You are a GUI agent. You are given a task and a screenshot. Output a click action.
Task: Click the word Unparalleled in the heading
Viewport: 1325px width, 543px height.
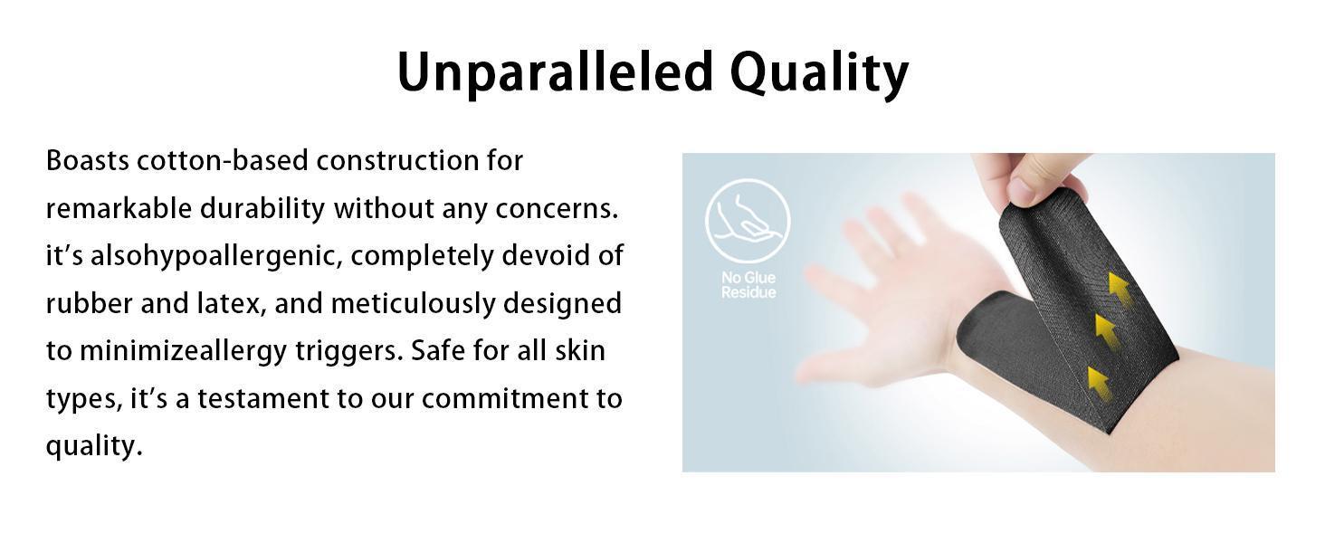[x=555, y=71]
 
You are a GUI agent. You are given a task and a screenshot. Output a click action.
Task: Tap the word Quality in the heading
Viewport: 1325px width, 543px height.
[x=819, y=74]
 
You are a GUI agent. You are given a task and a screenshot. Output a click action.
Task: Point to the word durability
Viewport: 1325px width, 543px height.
[x=262, y=208]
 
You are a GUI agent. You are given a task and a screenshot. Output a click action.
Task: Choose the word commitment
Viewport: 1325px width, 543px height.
[x=505, y=399]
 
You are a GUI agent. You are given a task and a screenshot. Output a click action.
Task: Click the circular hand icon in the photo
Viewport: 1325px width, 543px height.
[x=748, y=221]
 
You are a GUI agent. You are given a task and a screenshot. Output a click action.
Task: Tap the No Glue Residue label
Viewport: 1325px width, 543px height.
[x=748, y=284]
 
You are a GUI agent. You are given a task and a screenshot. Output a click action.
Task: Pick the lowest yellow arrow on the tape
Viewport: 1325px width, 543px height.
[x=1100, y=384]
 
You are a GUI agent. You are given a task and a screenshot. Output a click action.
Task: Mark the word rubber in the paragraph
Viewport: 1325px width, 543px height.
[x=89, y=304]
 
